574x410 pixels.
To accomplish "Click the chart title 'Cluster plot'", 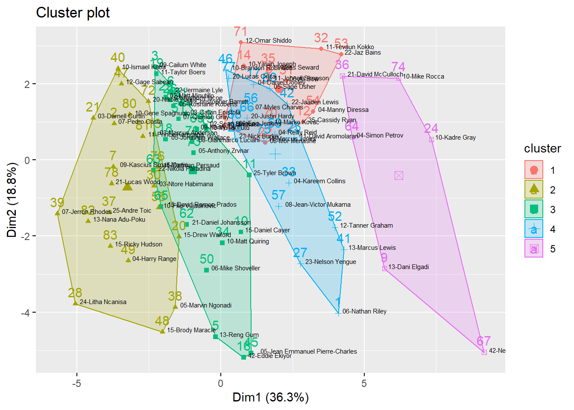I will (x=73, y=13).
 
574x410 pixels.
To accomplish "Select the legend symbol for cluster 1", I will (x=533, y=170).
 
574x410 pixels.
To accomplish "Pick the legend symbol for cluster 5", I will (x=533, y=249).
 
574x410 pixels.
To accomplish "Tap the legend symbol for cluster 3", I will (x=533, y=209).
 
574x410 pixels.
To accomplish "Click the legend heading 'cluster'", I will (x=542, y=148).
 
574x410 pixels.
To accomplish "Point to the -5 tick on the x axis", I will (x=77, y=383).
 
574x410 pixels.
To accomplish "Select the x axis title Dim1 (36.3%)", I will (x=270, y=397).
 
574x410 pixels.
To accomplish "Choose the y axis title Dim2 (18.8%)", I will (x=12, y=200).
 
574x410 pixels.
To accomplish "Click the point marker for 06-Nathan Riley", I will (x=338, y=313).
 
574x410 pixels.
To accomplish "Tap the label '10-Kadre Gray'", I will (x=455, y=138).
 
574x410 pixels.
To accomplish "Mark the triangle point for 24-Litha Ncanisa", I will (x=76, y=303).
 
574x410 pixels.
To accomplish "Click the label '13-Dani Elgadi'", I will (x=408, y=267).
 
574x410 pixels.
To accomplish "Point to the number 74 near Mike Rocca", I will (x=398, y=67).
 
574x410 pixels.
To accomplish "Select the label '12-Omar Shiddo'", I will (x=269, y=41).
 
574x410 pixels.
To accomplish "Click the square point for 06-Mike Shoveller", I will (x=207, y=270).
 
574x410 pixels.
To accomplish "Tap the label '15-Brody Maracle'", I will (x=191, y=330).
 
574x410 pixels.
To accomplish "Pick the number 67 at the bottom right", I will (x=483, y=341).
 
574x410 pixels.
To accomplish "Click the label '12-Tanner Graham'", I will (x=366, y=225).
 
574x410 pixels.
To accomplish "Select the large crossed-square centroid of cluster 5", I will (x=399, y=176).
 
